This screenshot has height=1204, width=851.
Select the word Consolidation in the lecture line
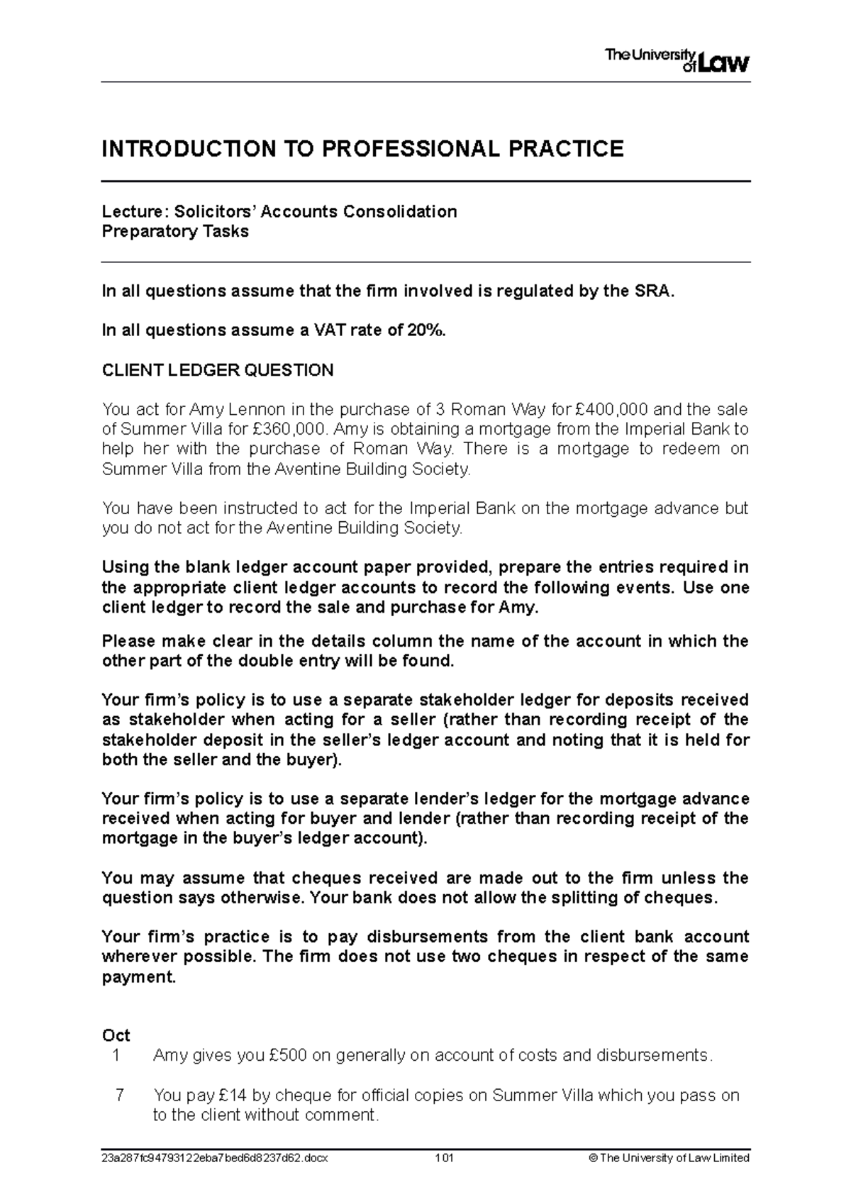coord(400,211)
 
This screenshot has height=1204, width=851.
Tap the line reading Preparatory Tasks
coord(175,231)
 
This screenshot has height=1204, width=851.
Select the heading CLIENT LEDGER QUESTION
coord(217,370)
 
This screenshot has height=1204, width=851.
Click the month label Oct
coord(116,1035)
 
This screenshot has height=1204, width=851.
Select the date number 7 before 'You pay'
coord(119,1095)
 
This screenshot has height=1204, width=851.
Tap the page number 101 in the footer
coord(445,1158)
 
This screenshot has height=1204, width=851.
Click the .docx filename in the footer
coord(216,1158)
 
